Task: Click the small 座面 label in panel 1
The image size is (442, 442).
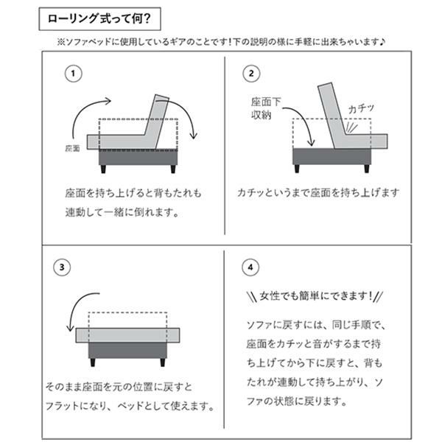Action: [x=72, y=147]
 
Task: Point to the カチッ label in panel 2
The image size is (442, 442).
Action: [x=362, y=108]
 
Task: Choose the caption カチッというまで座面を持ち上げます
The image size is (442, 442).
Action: [x=318, y=193]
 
